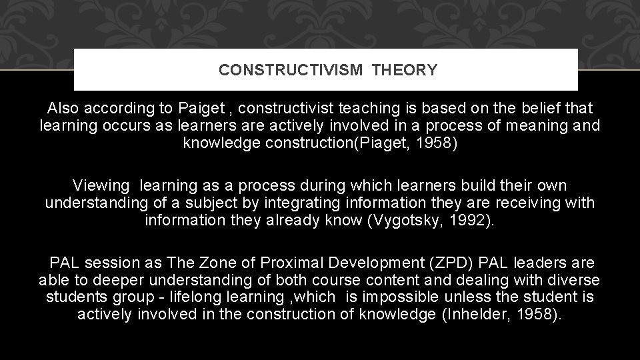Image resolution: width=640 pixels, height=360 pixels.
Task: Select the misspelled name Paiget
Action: tap(201, 108)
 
